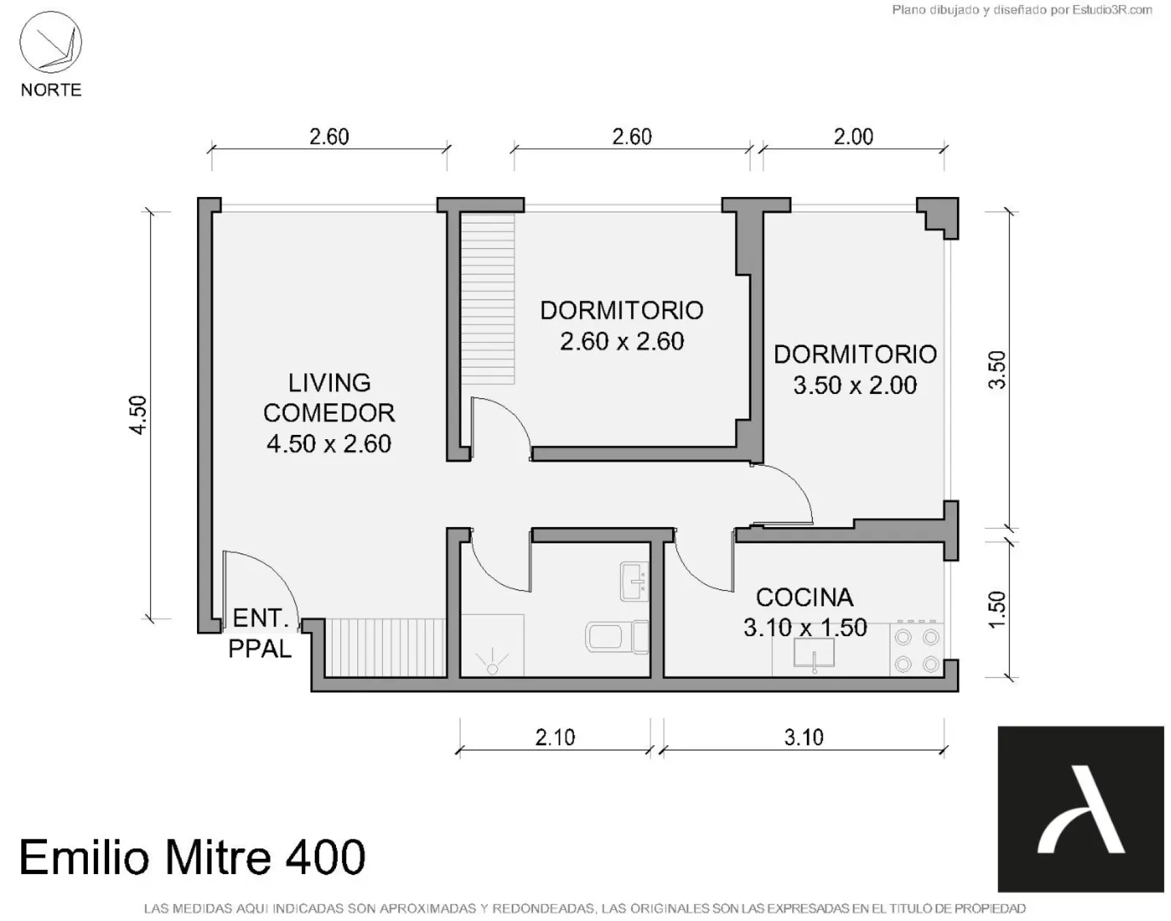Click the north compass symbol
[x=51, y=43]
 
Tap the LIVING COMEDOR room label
[x=329, y=414]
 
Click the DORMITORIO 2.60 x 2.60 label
[x=622, y=326]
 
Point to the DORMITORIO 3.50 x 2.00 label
[x=855, y=370]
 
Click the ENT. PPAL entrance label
[x=260, y=634]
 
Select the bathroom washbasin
[x=634, y=581]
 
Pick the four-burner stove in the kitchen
[x=917, y=649]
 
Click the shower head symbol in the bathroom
[x=493, y=664]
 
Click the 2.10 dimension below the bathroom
[x=555, y=737]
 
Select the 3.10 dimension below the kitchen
[x=804, y=737]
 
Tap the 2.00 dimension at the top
[x=853, y=137]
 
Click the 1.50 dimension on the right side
[x=996, y=609]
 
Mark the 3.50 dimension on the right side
[x=996, y=370]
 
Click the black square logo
[x=1081, y=809]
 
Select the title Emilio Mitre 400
[x=193, y=857]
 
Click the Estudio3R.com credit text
[x=1022, y=10]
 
